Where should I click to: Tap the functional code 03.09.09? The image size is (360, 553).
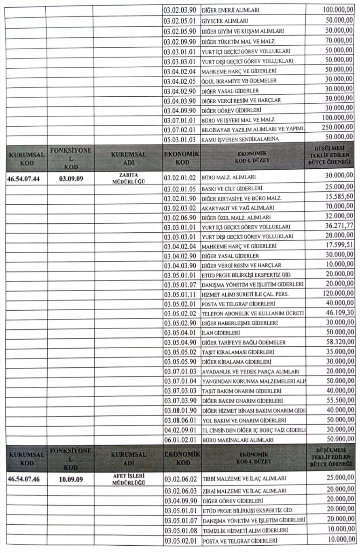click(70, 178)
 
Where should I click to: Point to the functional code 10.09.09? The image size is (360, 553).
click(70, 480)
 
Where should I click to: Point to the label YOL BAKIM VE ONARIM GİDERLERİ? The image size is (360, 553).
click(244, 420)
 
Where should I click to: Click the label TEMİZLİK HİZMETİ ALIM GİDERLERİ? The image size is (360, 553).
click(247, 530)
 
